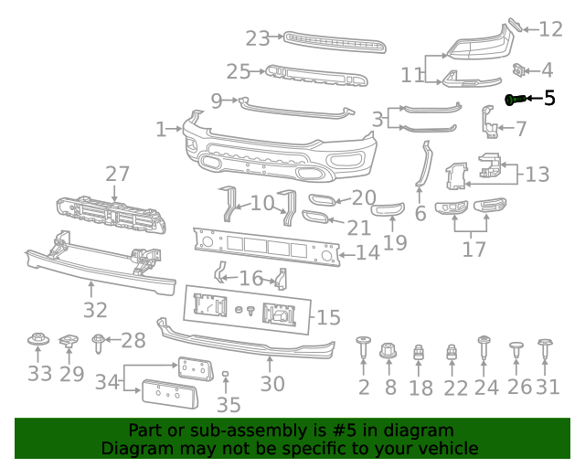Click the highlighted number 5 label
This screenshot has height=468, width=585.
pyautogui.click(x=549, y=98)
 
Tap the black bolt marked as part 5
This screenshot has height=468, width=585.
pyautogui.click(x=515, y=99)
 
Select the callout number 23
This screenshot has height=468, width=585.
pyautogui.click(x=258, y=38)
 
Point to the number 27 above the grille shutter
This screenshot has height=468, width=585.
pyautogui.click(x=117, y=175)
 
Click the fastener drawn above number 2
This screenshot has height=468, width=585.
pyautogui.click(x=364, y=348)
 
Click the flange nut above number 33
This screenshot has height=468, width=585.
pyautogui.click(x=39, y=342)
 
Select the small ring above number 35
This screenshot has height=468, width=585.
pyautogui.click(x=228, y=375)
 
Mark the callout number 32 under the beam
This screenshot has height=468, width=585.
pyautogui.click(x=95, y=311)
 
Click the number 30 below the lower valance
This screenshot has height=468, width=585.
pyautogui.click(x=272, y=384)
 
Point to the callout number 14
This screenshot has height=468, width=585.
pyautogui.click(x=367, y=253)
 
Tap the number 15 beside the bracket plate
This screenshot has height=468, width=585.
pyautogui.click(x=328, y=317)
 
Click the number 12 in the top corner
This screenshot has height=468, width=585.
pyautogui.click(x=550, y=29)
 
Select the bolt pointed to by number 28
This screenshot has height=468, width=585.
pyautogui.click(x=98, y=343)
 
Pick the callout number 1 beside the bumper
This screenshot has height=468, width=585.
pyautogui.click(x=161, y=130)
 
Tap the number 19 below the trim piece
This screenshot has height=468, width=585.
pyautogui.click(x=395, y=242)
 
